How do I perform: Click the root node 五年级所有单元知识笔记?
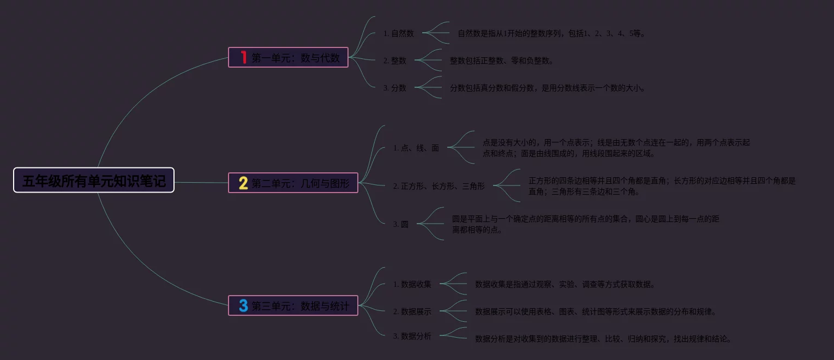pyautogui.click(x=94, y=181)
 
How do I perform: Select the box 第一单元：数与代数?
pyautogui.click(x=288, y=57)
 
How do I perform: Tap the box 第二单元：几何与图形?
pyautogui.click(x=293, y=183)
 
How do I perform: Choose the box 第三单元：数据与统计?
pyautogui.click(x=293, y=306)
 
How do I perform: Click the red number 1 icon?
pyautogui.click(x=243, y=57)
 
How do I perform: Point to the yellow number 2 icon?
pyautogui.click(x=243, y=183)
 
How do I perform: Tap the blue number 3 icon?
pyautogui.click(x=243, y=306)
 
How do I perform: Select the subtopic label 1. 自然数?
pyautogui.click(x=398, y=33)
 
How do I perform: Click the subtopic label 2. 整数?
pyautogui.click(x=394, y=61)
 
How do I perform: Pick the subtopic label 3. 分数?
pyautogui.click(x=394, y=88)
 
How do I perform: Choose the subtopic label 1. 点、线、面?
pyautogui.click(x=416, y=148)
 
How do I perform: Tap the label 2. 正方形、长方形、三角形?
pyautogui.click(x=439, y=186)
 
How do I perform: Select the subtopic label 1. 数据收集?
pyautogui.click(x=412, y=284)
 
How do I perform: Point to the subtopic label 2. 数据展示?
pyautogui.click(x=412, y=311)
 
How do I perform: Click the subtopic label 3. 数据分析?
pyautogui.click(x=412, y=336)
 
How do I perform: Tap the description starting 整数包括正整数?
pyautogui.click(x=501, y=61)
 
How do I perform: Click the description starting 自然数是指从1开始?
pyautogui.click(x=551, y=33)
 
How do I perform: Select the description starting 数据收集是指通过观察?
pyautogui.click(x=565, y=284)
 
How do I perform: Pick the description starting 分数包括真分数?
pyautogui.click(x=547, y=88)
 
